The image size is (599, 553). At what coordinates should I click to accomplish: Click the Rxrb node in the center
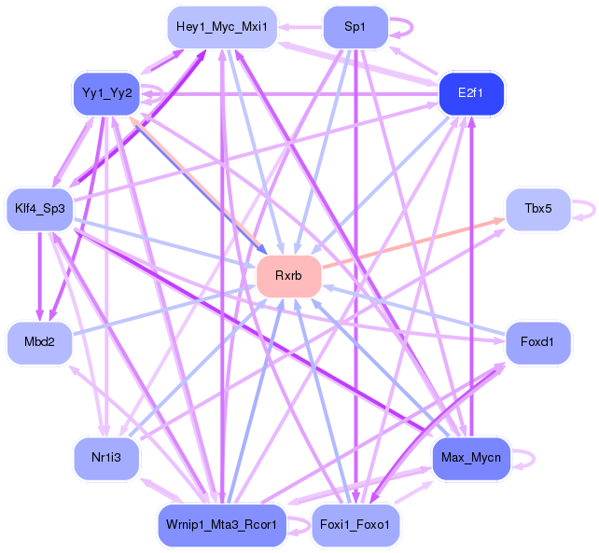tap(288, 275)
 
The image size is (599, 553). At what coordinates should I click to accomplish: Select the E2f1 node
tap(471, 92)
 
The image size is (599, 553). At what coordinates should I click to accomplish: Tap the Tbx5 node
tap(537, 210)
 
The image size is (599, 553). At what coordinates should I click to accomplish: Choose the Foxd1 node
tap(537, 342)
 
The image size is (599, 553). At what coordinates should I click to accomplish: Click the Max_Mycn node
tap(471, 458)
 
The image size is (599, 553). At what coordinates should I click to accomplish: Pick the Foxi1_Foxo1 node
tap(355, 525)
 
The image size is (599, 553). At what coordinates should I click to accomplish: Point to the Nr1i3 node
tap(105, 458)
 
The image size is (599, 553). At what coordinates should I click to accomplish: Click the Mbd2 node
tap(39, 342)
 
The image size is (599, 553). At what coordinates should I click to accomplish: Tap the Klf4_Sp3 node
tap(39, 207)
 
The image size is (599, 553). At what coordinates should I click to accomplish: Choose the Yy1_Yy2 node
tap(105, 92)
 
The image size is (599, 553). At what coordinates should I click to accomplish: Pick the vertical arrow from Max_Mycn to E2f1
tap(471, 280)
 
